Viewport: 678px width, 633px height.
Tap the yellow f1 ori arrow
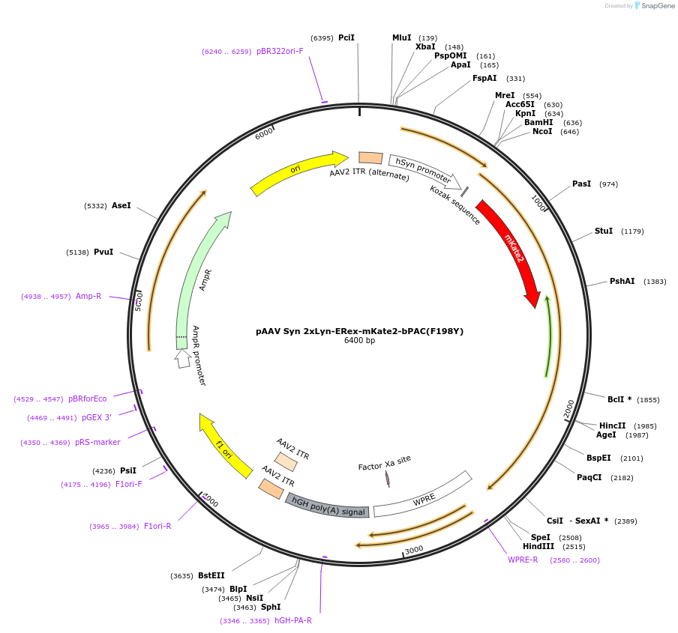point(224,448)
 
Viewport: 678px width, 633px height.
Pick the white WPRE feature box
point(424,497)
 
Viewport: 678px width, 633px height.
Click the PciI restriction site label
point(346,37)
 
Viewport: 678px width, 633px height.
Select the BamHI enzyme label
point(538,122)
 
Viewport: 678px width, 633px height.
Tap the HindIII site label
point(538,546)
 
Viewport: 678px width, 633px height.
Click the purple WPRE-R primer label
point(523,560)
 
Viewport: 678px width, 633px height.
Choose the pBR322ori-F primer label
point(280,51)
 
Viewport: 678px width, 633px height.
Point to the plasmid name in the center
point(359,330)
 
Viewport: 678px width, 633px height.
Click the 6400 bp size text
point(359,341)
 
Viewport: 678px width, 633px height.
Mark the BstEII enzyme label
point(211,575)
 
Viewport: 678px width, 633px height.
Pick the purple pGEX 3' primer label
point(97,417)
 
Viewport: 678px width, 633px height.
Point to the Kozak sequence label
point(455,205)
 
